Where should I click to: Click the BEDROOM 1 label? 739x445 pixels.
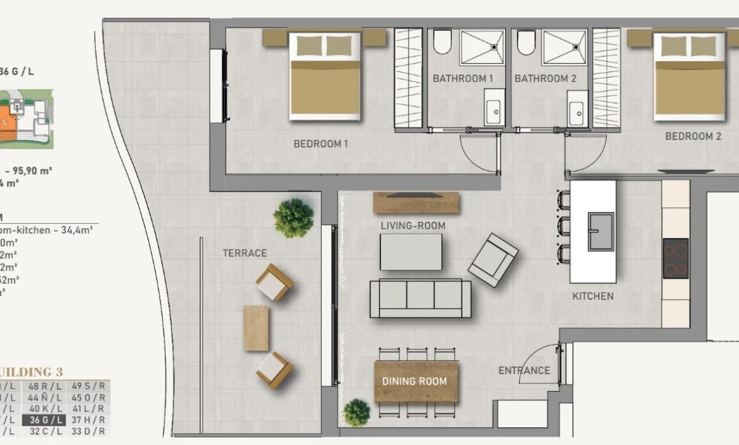pos(320,144)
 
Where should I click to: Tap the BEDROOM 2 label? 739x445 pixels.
pos(693,137)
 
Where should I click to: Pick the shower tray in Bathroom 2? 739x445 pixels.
pos(564,47)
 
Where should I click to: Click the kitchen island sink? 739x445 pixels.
pos(600,231)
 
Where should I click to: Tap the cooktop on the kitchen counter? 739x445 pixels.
pos(675,258)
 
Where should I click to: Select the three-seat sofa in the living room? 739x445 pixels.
pos(420,299)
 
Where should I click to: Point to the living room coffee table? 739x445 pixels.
pos(411,252)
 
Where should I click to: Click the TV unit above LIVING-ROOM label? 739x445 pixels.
pos(414,202)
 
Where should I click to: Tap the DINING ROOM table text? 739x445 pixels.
pos(414,381)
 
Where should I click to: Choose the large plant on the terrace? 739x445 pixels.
pos(293,218)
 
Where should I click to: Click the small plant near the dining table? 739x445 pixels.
pos(356,412)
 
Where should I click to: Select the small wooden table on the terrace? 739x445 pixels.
pos(256,328)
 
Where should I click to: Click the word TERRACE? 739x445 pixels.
pos(244,253)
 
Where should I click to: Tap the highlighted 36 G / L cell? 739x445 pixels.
pos(44,420)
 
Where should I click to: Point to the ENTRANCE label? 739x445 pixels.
pos(524,370)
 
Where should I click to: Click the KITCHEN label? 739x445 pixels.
pos(593,296)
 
